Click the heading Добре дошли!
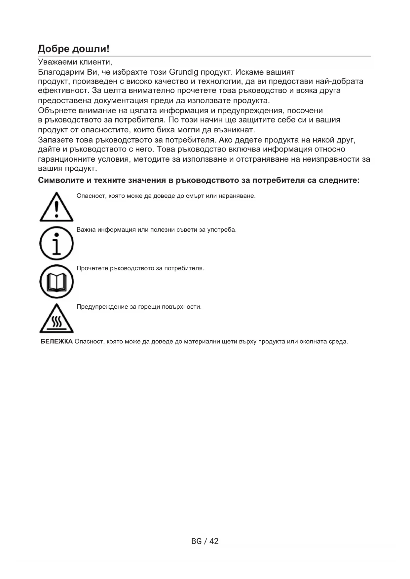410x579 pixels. [x=73, y=49]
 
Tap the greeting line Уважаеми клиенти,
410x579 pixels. [x=75, y=62]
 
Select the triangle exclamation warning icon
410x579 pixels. [x=56, y=207]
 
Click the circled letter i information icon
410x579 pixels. [x=56, y=243]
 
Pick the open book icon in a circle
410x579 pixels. [x=56, y=282]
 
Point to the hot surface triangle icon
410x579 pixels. [x=56, y=319]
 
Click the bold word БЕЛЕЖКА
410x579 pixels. [x=56, y=342]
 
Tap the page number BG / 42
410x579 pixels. [x=205, y=541]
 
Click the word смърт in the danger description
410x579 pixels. [x=195, y=196]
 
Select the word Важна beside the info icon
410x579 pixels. [x=86, y=230]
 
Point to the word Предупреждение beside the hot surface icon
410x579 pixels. [x=102, y=307]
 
